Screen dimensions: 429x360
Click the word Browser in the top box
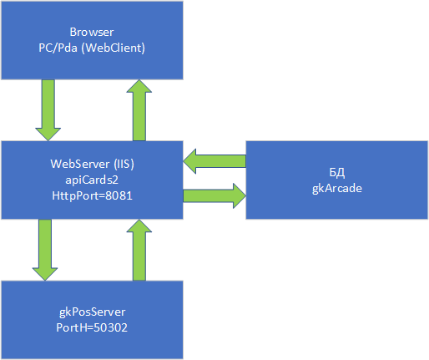point(92,32)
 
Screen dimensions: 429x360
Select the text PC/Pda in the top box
point(58,48)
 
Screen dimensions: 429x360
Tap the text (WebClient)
point(114,48)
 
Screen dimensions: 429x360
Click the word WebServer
point(80,164)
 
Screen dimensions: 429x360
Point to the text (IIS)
point(124,164)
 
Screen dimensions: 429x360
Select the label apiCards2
point(92,180)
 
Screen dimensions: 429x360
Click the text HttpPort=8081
point(92,195)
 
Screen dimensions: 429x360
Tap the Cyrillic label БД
point(337,173)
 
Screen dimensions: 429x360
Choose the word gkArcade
point(337,189)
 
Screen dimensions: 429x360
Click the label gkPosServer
point(92,312)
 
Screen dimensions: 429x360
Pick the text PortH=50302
point(92,327)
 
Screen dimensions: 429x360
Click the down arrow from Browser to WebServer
point(48,110)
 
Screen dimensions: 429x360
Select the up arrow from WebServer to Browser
point(139,110)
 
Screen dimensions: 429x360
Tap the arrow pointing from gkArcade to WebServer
point(214,161)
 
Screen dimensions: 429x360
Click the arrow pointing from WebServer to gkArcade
point(214,195)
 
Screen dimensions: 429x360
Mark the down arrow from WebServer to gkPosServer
point(45,250)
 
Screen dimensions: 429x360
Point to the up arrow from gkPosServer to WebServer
point(139,250)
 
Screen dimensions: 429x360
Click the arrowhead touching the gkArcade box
point(240,195)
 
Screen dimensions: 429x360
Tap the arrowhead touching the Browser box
point(139,86)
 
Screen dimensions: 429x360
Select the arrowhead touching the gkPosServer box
point(45,274)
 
